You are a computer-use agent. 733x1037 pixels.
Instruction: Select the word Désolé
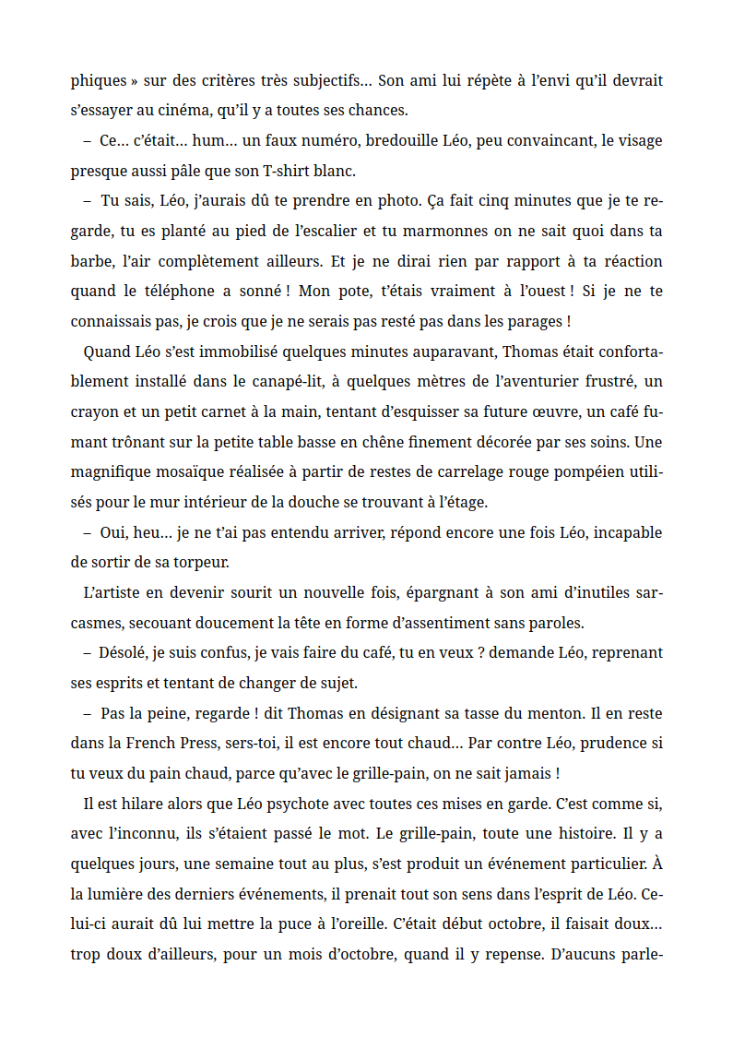[125, 653]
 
